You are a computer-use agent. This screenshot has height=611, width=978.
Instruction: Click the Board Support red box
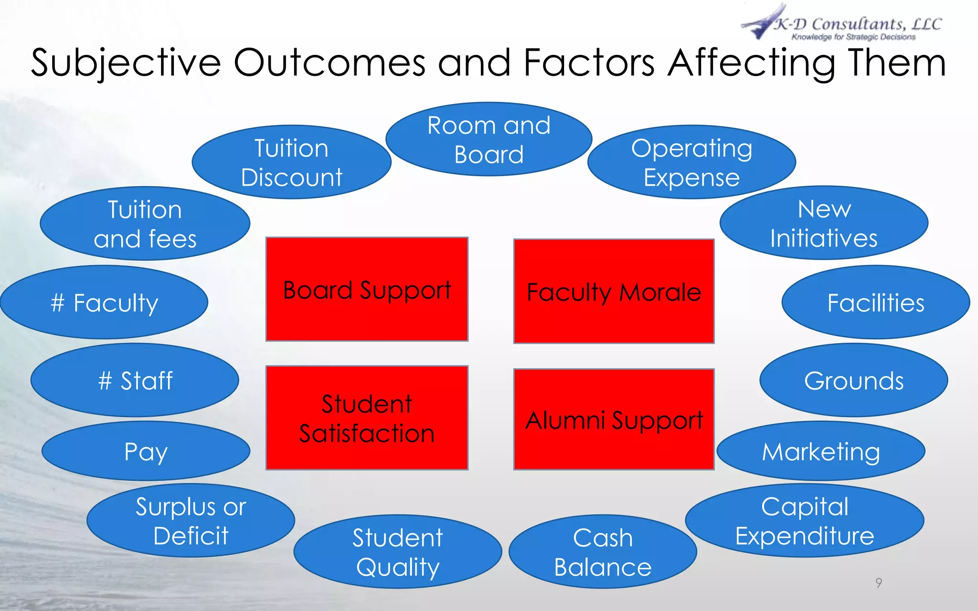point(367,289)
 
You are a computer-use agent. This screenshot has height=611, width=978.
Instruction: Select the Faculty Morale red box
point(614,291)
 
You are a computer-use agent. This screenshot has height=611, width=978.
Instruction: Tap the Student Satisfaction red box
point(367,418)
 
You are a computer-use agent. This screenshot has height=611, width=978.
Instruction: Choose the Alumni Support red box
point(614,420)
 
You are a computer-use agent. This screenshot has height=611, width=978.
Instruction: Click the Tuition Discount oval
point(291,162)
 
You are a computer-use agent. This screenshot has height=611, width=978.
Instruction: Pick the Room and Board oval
point(489,139)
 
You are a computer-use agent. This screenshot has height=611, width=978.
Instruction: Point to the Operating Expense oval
point(691,162)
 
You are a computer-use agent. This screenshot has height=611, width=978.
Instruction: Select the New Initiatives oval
point(824,223)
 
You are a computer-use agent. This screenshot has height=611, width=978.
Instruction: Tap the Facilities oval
point(875,303)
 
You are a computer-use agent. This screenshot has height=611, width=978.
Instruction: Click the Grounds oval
point(853,380)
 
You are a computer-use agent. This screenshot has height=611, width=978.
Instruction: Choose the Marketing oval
point(820,451)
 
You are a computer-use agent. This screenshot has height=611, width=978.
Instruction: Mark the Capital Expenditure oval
point(804,521)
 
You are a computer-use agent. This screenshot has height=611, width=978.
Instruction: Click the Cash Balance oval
point(603,552)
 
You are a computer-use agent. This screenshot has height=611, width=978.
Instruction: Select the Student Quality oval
point(397,552)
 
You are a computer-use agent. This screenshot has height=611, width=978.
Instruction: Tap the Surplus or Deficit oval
point(191,521)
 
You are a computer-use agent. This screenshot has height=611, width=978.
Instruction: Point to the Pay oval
point(146,451)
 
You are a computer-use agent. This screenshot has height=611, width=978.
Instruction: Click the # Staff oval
point(135,380)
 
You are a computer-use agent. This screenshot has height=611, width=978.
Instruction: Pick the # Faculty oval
point(104,303)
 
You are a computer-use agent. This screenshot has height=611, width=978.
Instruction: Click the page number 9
point(879,583)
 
